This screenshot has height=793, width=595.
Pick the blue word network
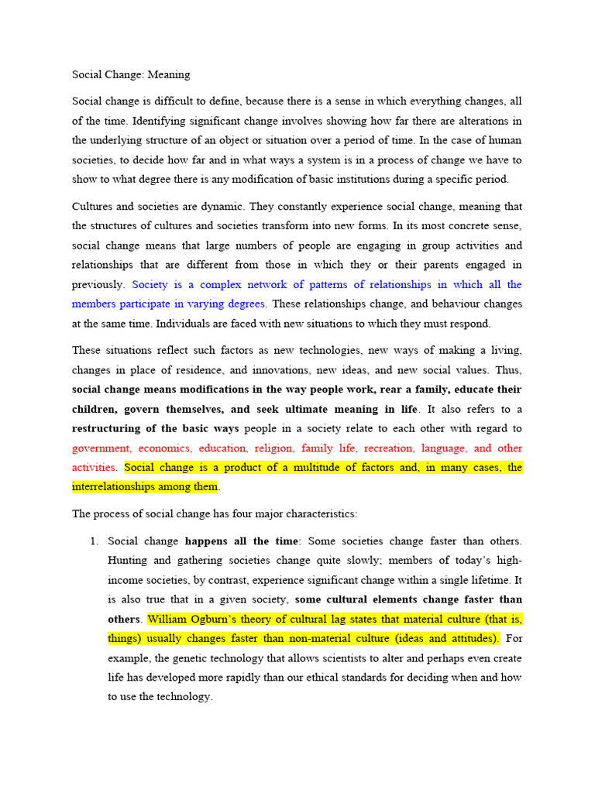[x=261, y=284]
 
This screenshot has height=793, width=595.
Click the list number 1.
[x=95, y=541]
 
